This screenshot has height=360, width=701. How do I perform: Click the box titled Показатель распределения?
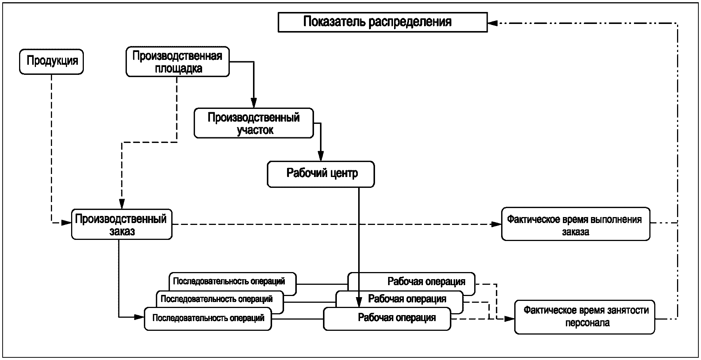point(382,22)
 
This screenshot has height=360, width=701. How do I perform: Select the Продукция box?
point(51,61)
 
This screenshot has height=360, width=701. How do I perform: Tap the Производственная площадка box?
point(177,62)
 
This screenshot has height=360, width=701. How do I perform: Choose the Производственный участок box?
point(253,123)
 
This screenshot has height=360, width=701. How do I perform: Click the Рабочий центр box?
point(321,174)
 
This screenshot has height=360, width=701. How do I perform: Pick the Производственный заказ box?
point(122,225)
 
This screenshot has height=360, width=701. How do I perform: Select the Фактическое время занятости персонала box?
point(585,317)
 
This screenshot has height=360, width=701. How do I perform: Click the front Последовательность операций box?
point(208,318)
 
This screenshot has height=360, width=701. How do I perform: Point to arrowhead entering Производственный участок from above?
point(254,103)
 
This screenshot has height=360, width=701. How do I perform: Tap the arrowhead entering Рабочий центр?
point(320,156)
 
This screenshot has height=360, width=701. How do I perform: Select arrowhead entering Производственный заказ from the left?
point(66,223)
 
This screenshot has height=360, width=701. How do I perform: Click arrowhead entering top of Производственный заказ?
point(122,204)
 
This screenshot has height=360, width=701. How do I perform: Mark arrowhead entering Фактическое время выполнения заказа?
point(496,224)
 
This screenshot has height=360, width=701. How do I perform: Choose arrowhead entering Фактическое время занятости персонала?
point(509,319)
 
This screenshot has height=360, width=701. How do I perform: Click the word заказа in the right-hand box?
point(575,232)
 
